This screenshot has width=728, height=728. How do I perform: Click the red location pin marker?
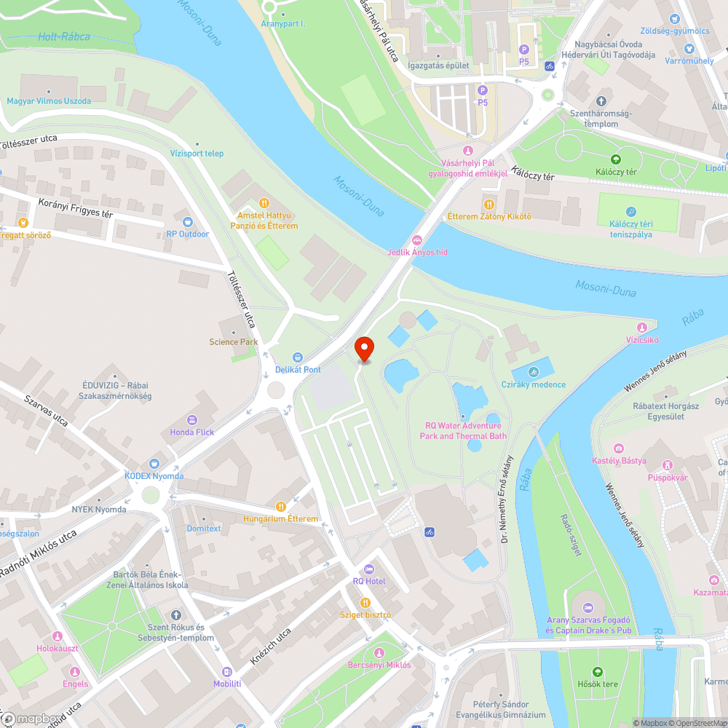pos(364,349)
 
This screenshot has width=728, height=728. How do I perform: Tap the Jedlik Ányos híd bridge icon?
pos(417,240)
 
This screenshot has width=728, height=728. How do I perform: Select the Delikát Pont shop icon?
pos(298,357)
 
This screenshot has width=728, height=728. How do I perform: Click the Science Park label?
pos(234,341)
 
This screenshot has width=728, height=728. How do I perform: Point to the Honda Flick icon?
pos(192,419)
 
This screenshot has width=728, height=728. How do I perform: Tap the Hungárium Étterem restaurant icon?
pos(281,506)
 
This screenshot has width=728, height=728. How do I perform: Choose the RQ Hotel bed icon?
pos(368,569)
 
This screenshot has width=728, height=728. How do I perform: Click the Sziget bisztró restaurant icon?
pos(365,602)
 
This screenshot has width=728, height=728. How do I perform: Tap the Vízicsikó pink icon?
pos(641,328)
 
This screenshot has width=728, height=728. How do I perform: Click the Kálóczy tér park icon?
pos(616,159)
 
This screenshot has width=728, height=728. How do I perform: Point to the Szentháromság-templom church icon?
pos(601,101)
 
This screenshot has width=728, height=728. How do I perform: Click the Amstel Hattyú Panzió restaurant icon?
pos(264,203)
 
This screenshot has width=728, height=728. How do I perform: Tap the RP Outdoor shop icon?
pos(188,221)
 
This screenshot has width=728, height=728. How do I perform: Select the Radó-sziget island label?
pos(571,535)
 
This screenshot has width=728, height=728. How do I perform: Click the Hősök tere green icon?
pos(598,671)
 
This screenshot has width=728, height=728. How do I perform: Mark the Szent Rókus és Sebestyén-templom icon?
pos(175,615)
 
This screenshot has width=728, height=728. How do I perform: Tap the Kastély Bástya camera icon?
pos(619,448)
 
